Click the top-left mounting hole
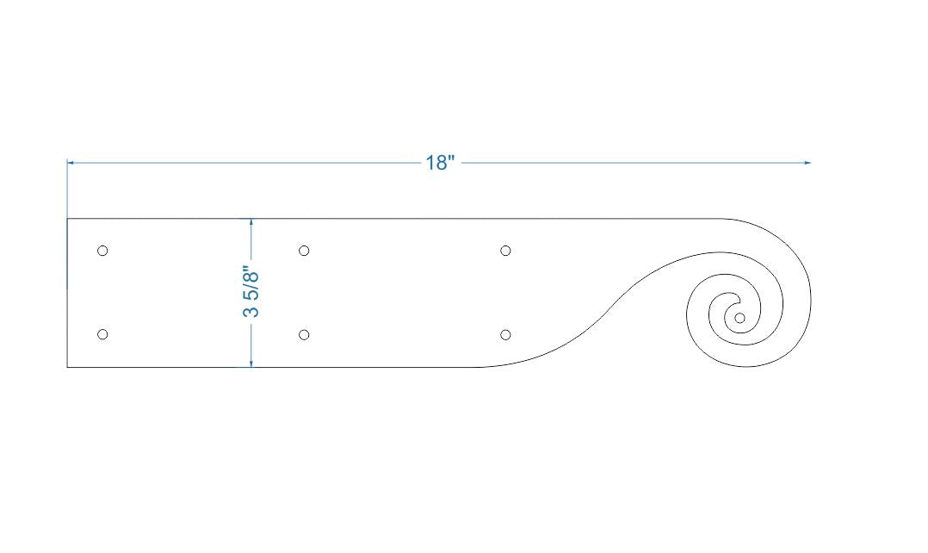[x=102, y=251]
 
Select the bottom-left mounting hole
[x=102, y=334]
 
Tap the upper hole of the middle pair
[x=304, y=251]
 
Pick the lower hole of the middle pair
[x=304, y=334]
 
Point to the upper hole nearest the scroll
[x=505, y=251]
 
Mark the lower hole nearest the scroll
[x=505, y=334]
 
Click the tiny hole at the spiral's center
[x=739, y=318]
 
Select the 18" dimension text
[x=438, y=163]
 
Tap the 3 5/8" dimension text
[x=251, y=293]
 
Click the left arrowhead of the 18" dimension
[x=71, y=162]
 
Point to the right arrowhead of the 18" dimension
[x=807, y=162]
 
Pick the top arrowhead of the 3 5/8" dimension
[x=251, y=222]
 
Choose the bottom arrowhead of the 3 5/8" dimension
[x=251, y=363]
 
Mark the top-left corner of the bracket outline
[x=67, y=219]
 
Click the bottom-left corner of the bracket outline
[x=67, y=367]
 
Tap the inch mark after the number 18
[x=449, y=158]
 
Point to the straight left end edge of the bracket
[x=67, y=293]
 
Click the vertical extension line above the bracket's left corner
[x=67, y=190]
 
